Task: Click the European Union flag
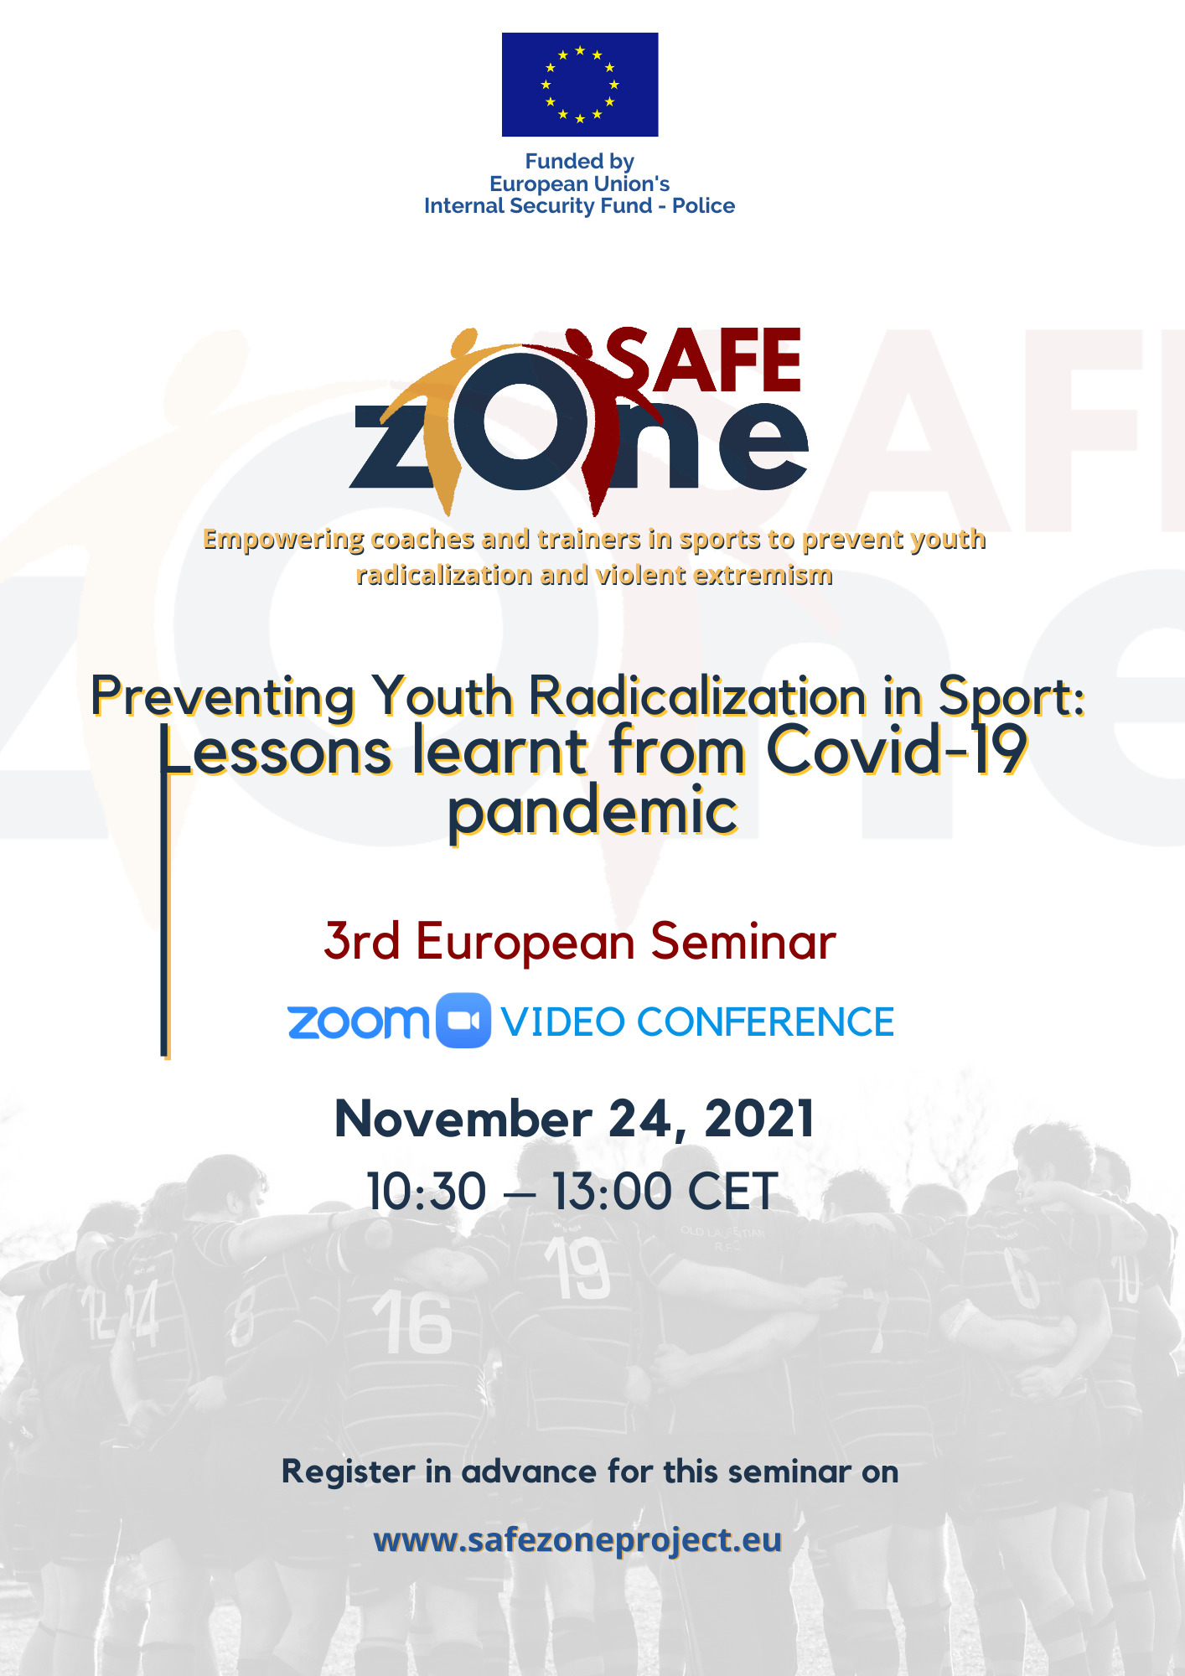(580, 85)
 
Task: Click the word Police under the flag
(703, 206)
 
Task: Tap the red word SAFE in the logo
(705, 360)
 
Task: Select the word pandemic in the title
(593, 813)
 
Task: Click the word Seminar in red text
(743, 941)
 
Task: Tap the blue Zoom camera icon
(463, 1021)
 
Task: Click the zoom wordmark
(358, 1022)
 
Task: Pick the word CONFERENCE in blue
(765, 1022)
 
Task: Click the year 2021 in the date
(759, 1119)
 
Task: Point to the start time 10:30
(427, 1192)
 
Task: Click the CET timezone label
(732, 1192)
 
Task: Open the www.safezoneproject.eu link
(577, 1540)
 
